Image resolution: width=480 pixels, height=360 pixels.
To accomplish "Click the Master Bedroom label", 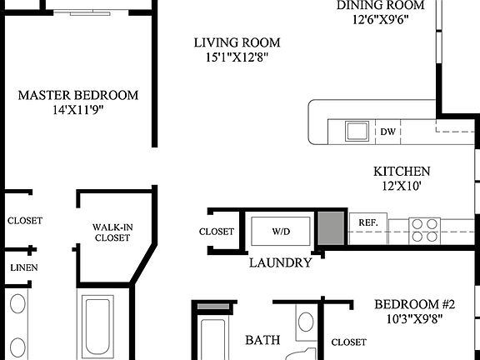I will pos(77,95).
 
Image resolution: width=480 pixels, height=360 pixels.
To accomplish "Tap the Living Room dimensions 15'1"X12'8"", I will pos(237,57).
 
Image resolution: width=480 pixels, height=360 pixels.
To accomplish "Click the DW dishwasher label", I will pos(387,132).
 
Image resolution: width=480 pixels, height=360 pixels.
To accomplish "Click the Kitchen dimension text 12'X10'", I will pos(402,187).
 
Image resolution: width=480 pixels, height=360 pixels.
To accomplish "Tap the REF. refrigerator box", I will pos(367,222).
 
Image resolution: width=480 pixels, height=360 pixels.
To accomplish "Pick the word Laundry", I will pos(281,263).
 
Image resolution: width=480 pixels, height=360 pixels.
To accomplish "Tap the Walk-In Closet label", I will pos(111,232).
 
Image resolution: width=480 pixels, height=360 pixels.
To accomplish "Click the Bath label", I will pos(262,339).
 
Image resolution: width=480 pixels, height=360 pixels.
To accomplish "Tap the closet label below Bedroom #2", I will pos(348,342).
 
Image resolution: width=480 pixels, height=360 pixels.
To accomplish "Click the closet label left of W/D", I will pos(216,232).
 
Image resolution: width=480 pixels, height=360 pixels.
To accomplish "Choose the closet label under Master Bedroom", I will pos(25,221).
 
